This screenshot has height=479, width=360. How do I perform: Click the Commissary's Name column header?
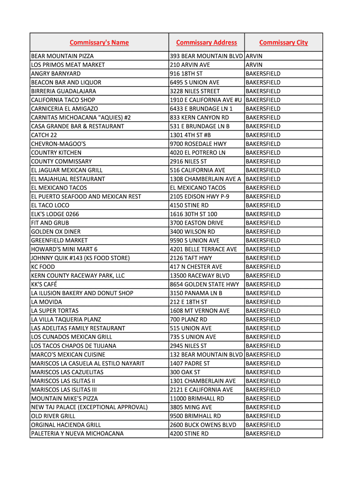coord(99,43)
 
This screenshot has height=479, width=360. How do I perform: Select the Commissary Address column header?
coord(207,43)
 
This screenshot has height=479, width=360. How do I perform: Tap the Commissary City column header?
coord(283,43)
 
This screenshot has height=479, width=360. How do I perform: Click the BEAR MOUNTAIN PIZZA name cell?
coord(62,56)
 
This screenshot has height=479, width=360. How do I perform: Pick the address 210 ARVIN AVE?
coord(190,65)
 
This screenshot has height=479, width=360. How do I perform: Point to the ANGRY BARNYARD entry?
coord(56,74)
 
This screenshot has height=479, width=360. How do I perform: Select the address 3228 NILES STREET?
coord(194,91)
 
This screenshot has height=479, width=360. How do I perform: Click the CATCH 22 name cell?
coord(44,135)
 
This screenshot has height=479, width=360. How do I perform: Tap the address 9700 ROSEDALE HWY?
coord(198,144)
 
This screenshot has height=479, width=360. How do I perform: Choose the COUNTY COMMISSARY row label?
coord(61,161)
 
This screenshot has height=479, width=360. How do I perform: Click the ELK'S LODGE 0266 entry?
coord(55,214)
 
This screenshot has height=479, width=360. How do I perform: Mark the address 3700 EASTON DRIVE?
coord(196,223)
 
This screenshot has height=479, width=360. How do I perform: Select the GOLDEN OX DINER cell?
coord(56,232)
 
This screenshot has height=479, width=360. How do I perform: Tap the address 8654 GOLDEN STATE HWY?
coord(204,284)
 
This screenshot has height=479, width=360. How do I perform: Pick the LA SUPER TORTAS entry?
coord(55,311)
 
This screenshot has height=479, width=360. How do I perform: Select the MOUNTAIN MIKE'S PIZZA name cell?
coord(65,399)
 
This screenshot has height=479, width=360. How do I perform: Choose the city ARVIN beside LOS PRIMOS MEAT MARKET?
coord(254,65)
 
